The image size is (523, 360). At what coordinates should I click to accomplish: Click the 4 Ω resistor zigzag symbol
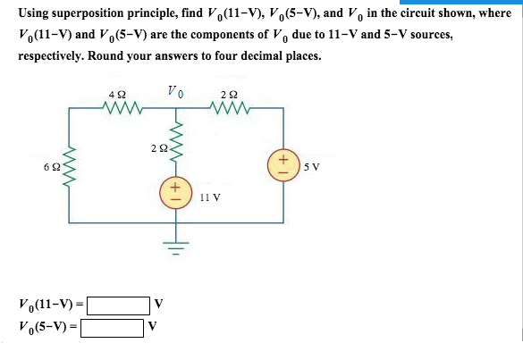click(122, 107)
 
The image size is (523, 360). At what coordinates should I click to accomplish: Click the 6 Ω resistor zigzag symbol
click(69, 167)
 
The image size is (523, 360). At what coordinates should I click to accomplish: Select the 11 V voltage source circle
click(176, 193)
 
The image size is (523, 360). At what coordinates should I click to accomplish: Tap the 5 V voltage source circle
click(283, 165)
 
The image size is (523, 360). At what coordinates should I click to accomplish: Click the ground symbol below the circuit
click(176, 247)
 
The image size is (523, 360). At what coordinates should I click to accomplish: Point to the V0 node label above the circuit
click(175, 92)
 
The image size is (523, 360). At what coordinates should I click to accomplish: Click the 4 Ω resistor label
click(117, 95)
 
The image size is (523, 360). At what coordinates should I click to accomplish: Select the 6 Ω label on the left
click(52, 167)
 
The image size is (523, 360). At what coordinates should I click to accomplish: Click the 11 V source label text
click(210, 197)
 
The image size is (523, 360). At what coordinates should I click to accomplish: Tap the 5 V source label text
click(311, 167)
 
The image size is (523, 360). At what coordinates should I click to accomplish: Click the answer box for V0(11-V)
click(118, 306)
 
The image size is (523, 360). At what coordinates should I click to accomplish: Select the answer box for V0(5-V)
click(112, 328)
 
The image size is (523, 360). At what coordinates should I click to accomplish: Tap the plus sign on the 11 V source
click(176, 188)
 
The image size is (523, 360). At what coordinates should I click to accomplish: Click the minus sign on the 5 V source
click(283, 172)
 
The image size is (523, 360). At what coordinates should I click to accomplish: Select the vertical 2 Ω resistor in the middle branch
click(176, 142)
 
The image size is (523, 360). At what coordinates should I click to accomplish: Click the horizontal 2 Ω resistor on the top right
click(230, 107)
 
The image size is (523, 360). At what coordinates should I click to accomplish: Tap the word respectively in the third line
click(51, 56)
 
